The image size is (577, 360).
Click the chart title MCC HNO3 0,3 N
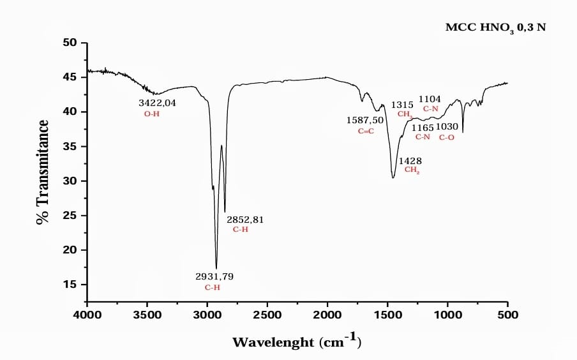[x=495, y=28]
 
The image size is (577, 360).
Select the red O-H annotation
[x=151, y=114]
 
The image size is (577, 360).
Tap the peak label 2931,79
[x=214, y=276]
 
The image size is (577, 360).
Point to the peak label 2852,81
[x=245, y=220]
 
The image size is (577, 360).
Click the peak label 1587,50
[x=365, y=120]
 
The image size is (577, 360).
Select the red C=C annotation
[x=366, y=131]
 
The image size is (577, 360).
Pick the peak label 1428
[x=410, y=161]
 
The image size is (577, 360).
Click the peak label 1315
[x=402, y=104]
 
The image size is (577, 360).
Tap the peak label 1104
[x=430, y=99]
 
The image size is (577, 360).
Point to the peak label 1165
[x=422, y=127]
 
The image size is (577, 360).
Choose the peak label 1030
[x=447, y=127]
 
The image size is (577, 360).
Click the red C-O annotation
[x=447, y=137]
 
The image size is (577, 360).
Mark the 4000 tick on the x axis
[x=87, y=314]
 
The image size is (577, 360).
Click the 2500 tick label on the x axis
[x=267, y=314]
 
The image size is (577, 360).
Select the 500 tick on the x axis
[x=507, y=314]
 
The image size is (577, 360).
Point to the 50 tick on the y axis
[x=69, y=43]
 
